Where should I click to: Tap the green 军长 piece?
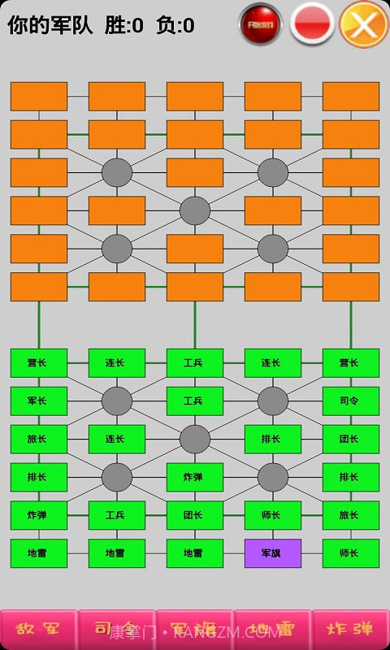point(39,401)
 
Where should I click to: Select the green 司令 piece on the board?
point(351,401)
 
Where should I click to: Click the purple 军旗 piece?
point(273,553)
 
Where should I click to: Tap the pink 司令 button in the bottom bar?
point(117,629)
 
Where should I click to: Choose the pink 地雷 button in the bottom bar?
point(272,629)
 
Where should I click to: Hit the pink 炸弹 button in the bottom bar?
point(350,629)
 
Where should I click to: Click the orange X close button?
point(363,24)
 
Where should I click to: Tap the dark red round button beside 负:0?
point(261,24)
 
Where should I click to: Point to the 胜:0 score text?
point(124,25)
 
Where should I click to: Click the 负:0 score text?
point(175,25)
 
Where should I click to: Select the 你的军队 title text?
point(50,25)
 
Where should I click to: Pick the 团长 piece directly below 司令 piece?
point(351,440)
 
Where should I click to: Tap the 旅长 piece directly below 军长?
point(39,440)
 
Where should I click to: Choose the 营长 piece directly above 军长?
point(39,363)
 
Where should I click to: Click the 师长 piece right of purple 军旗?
point(351,553)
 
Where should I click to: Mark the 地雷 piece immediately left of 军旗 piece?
point(195,553)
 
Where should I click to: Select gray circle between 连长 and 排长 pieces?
point(195,440)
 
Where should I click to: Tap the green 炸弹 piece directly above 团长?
point(195,478)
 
